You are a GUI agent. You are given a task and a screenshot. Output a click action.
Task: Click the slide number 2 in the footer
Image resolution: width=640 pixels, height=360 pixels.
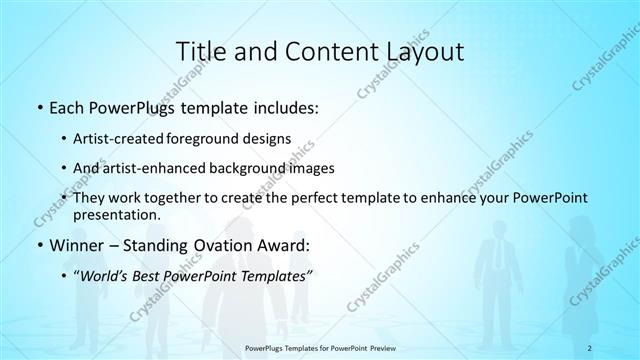[592, 347]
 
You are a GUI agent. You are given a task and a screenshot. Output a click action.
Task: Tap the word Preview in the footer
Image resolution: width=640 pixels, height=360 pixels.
[381, 347]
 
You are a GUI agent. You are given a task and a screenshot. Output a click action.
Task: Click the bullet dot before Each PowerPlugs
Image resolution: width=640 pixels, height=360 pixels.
[38, 104]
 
